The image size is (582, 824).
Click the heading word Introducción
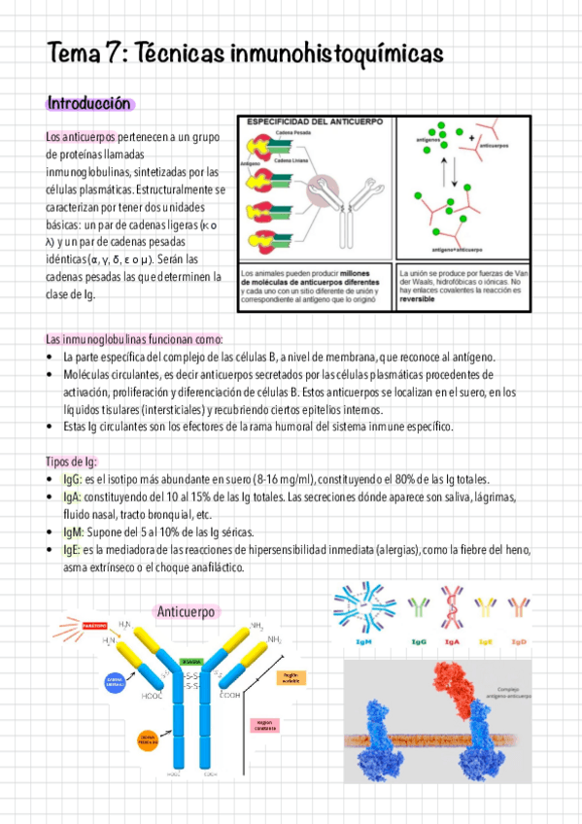89,103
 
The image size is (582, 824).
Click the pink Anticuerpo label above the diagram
188,611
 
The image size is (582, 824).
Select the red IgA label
453,642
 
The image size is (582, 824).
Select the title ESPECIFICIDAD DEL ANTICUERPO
314,122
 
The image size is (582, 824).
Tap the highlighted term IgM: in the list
73,532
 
